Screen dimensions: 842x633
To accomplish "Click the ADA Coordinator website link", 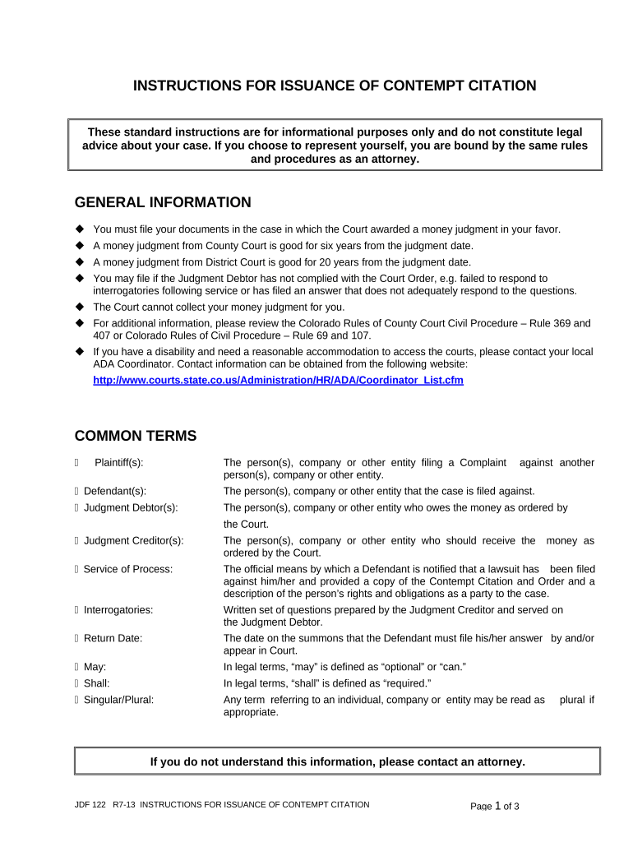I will (x=278, y=380).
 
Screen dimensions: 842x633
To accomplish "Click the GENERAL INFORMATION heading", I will (x=163, y=202).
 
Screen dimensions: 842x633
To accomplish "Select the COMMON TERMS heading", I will (x=136, y=436).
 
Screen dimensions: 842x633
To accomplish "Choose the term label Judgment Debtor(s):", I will (x=131, y=507).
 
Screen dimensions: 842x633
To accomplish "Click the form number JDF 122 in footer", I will (x=90, y=804).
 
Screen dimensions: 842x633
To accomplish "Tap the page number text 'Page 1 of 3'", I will (x=494, y=806).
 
